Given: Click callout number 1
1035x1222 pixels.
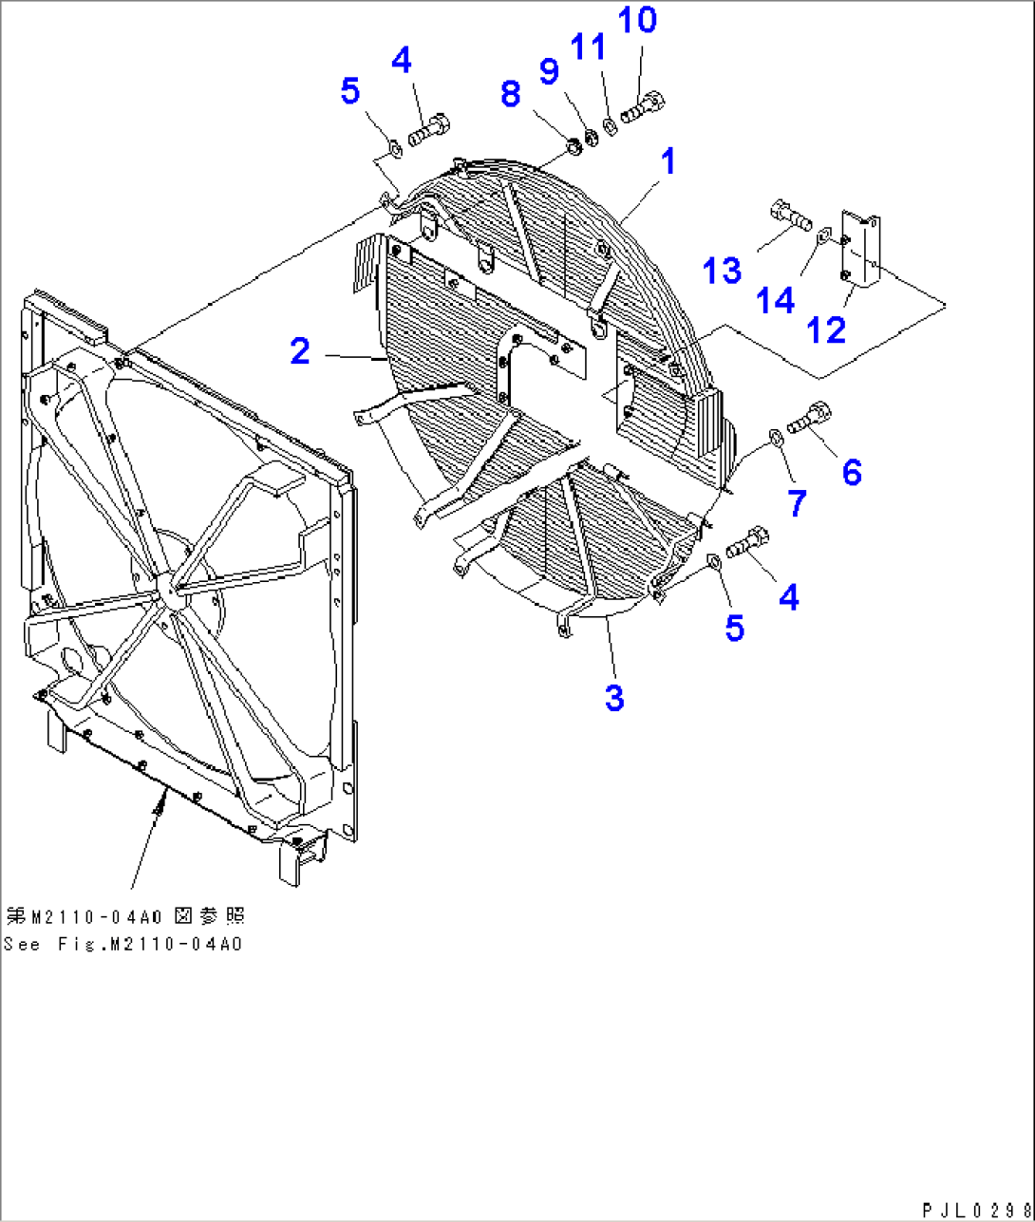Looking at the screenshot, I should point(668,162).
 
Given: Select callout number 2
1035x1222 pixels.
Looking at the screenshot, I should point(300,352).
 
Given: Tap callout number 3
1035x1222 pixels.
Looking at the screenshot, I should point(614,698).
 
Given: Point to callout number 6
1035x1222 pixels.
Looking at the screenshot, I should point(852,472).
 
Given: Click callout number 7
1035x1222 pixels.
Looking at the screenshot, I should point(797,502).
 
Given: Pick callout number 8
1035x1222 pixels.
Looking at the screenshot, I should point(511,94).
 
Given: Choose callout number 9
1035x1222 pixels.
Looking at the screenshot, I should point(549,71).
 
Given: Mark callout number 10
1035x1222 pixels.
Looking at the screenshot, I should point(637,19).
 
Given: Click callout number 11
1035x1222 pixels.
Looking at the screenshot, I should point(588,46).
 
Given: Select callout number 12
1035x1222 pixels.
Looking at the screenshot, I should point(825,329).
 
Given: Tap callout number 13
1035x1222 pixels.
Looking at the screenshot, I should point(723,271).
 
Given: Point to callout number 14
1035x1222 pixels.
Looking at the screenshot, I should point(776,301).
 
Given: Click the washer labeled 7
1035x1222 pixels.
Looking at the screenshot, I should point(775,436).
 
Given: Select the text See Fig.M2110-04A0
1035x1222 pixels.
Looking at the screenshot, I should point(122,945).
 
